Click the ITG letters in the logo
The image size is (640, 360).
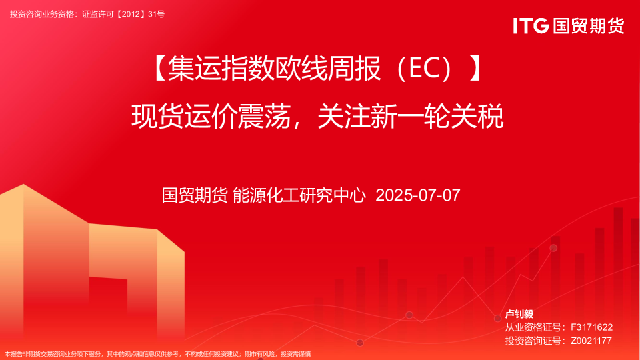pos(531,26)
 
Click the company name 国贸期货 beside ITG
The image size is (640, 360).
pos(589,26)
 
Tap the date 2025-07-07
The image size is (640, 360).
pos(418,195)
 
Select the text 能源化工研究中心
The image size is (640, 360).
pos(299,195)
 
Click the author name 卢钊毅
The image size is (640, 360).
pos(519,314)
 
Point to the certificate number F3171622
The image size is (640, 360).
pos(591,327)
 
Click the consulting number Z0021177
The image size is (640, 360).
pos(591,341)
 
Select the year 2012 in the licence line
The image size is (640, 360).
pos(131,14)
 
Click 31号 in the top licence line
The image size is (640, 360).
pos(156,14)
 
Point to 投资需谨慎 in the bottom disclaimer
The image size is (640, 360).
pos(295,354)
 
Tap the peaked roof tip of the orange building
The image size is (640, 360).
pos(23,185)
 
